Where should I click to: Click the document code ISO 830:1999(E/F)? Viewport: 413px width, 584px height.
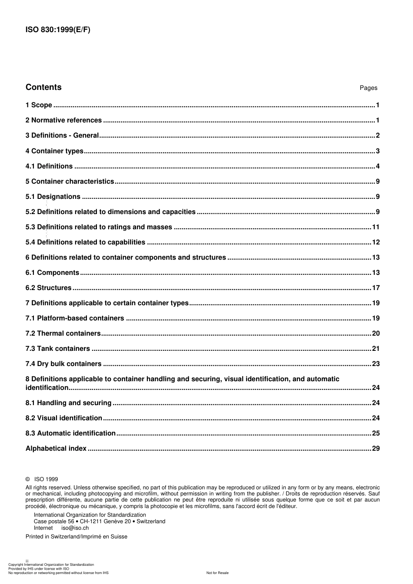point(58,30)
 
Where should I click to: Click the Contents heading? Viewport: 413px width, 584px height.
point(43,87)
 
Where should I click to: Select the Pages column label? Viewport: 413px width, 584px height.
point(368,88)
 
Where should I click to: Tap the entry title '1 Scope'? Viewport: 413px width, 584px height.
point(39,105)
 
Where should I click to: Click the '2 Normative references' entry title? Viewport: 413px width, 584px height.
point(63,120)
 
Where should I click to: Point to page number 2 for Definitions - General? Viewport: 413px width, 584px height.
point(378,135)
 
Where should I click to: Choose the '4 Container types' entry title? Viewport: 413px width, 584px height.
point(54,151)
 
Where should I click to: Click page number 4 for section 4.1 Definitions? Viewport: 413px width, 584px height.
point(378,166)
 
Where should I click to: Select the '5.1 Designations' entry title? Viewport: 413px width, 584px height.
point(53,197)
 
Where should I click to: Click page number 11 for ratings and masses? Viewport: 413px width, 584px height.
point(376,227)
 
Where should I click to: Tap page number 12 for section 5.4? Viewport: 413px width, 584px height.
point(376,242)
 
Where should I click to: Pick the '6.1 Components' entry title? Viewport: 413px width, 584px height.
point(53,273)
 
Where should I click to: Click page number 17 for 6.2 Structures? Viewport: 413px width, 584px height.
point(376,288)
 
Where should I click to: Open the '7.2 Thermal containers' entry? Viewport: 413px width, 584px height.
point(63,333)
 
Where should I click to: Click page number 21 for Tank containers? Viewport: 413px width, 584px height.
point(376,349)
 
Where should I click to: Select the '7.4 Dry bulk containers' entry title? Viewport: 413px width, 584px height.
point(63,364)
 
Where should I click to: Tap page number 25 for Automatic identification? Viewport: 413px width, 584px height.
point(376,433)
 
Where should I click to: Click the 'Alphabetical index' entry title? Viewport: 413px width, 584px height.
point(56,449)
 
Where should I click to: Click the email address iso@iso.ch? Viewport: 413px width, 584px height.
point(75,528)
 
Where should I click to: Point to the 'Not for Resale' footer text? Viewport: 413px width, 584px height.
point(217,573)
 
